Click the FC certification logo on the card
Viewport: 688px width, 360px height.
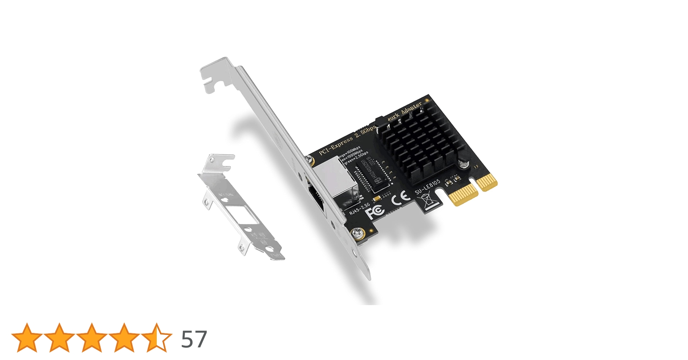pyautogui.click(x=375, y=211)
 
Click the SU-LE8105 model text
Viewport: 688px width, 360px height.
pyautogui.click(x=428, y=187)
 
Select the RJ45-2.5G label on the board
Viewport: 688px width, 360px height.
pyautogui.click(x=359, y=209)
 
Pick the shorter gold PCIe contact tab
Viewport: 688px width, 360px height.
pyautogui.click(x=487, y=182)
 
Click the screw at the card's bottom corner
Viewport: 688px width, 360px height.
pyautogui.click(x=358, y=233)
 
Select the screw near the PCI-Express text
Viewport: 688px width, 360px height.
pyautogui.click(x=309, y=159)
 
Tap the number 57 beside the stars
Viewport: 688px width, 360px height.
pyautogui.click(x=194, y=339)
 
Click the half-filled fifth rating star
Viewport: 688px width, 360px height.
pyautogui.click(x=156, y=338)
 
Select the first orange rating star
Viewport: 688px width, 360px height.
pyautogui.click(x=27, y=338)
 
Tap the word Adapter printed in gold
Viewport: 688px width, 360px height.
pyautogui.click(x=411, y=108)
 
